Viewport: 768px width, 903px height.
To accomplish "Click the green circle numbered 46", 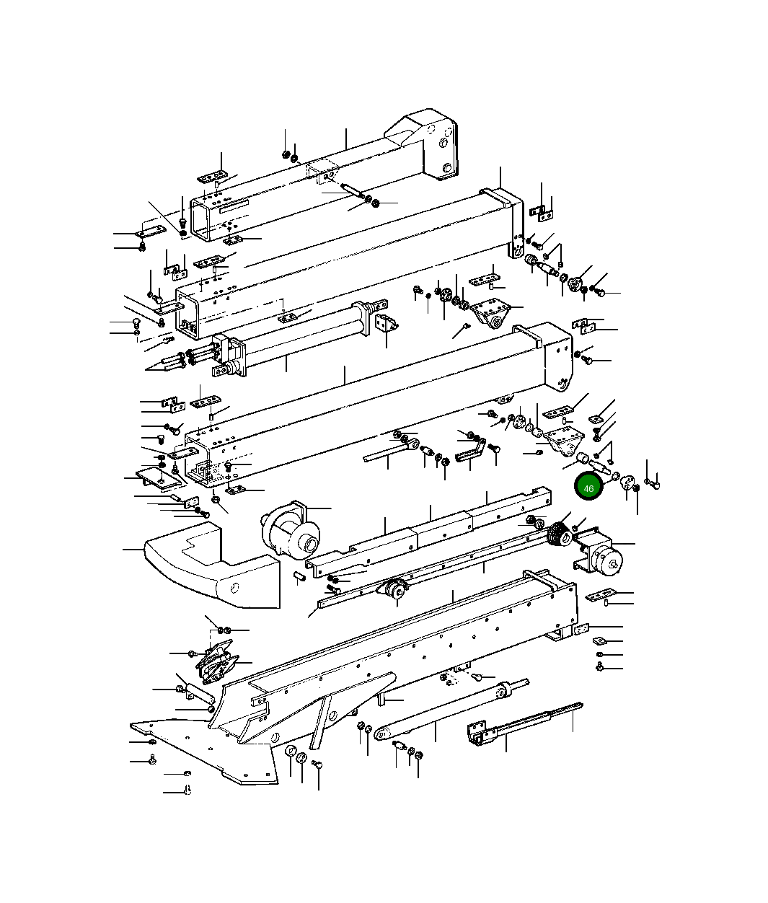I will (x=589, y=488).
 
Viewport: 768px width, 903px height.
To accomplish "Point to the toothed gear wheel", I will (x=557, y=535).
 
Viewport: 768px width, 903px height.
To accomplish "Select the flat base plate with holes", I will (x=202, y=750).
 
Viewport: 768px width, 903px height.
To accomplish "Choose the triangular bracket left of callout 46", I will (x=562, y=441).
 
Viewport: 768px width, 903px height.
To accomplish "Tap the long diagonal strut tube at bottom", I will (x=447, y=714).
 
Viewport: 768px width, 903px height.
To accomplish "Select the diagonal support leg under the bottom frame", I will (x=322, y=718).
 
